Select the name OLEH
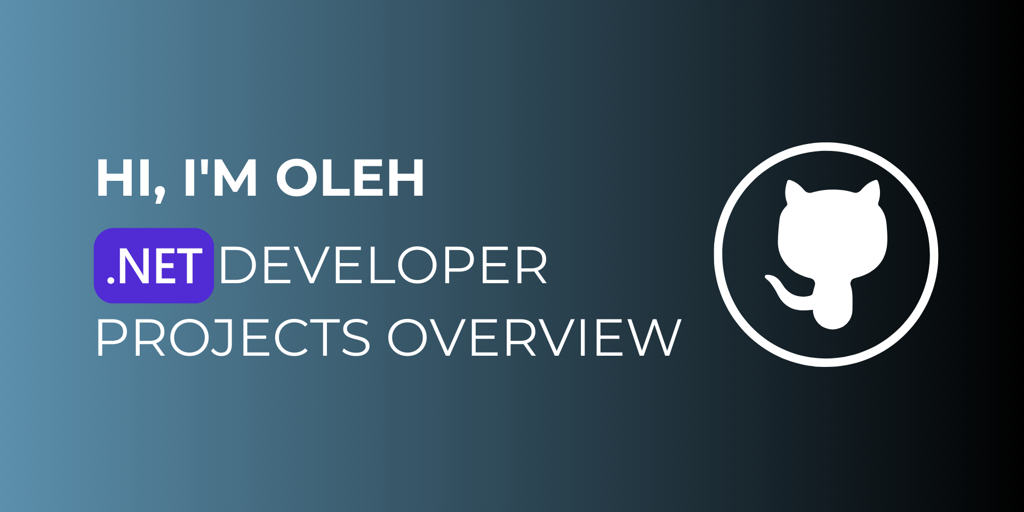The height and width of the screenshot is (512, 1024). click(350, 179)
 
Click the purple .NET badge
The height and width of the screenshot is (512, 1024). click(154, 266)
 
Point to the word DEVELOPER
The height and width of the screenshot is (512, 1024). click(383, 266)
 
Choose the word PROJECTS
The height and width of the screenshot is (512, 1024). click(233, 338)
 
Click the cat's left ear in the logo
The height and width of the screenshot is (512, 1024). click(795, 192)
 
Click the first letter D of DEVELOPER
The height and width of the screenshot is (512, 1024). click(237, 266)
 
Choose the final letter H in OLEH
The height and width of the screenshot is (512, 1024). click(405, 179)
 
